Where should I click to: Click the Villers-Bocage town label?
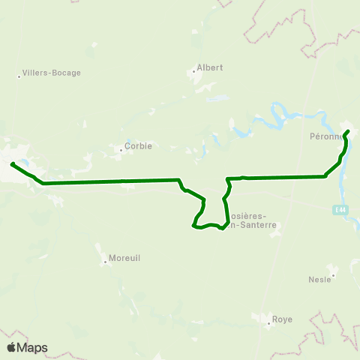click(52, 73)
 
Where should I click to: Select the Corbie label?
click(139, 146)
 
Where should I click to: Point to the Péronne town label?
click(325, 137)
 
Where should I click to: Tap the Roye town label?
click(282, 319)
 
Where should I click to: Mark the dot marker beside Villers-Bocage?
click(19, 75)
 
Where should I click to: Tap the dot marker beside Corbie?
click(120, 148)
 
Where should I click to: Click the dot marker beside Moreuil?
click(105, 262)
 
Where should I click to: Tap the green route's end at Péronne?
click(348, 132)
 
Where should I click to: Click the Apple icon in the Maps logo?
click(11, 347)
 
